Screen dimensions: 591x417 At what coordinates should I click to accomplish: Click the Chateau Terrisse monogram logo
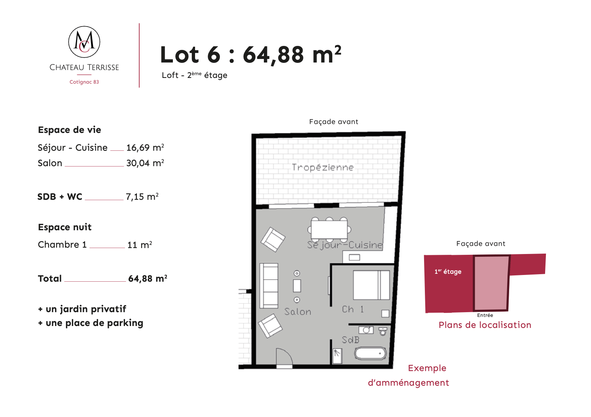84,42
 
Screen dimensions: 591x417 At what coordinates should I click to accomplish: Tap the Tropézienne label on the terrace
323,167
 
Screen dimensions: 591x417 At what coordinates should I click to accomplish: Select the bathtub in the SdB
370,353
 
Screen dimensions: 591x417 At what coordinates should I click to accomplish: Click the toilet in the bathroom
383,331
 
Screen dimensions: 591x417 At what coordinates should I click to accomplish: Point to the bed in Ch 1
371,285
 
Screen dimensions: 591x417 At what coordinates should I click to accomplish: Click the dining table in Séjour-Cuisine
329,229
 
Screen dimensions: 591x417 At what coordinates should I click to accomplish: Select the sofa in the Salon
269,286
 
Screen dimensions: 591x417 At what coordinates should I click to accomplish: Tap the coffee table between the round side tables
297,286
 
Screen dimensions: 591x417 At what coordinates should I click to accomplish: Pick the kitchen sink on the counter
354,257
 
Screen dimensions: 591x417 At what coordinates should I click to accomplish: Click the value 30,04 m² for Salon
145,163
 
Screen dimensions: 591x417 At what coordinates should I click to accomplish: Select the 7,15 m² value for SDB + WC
142,197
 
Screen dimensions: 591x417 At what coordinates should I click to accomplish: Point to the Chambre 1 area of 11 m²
140,245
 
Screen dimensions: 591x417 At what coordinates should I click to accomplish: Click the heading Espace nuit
64,227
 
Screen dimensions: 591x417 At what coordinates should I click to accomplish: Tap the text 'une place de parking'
95,323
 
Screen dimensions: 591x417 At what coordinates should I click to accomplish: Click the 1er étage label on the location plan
448,271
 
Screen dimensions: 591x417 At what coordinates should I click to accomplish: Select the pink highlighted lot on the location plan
491,283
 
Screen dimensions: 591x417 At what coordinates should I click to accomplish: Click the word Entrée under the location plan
485,315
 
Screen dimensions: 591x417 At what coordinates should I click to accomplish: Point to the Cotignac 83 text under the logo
84,82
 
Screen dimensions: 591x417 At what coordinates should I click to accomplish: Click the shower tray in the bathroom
337,356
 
